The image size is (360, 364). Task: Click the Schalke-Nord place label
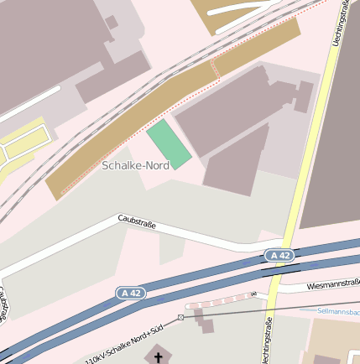tap(135, 165)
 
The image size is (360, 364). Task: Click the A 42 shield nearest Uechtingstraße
tap(279, 255)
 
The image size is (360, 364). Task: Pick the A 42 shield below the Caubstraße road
tap(130, 293)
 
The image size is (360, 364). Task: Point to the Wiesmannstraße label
tap(333, 285)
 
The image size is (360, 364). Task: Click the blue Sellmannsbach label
tap(339, 311)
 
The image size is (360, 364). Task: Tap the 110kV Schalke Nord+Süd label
tap(124, 344)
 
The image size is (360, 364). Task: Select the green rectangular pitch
tap(169, 144)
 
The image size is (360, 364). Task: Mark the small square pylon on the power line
tap(180, 318)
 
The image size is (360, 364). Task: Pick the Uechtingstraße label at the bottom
tap(266, 342)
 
